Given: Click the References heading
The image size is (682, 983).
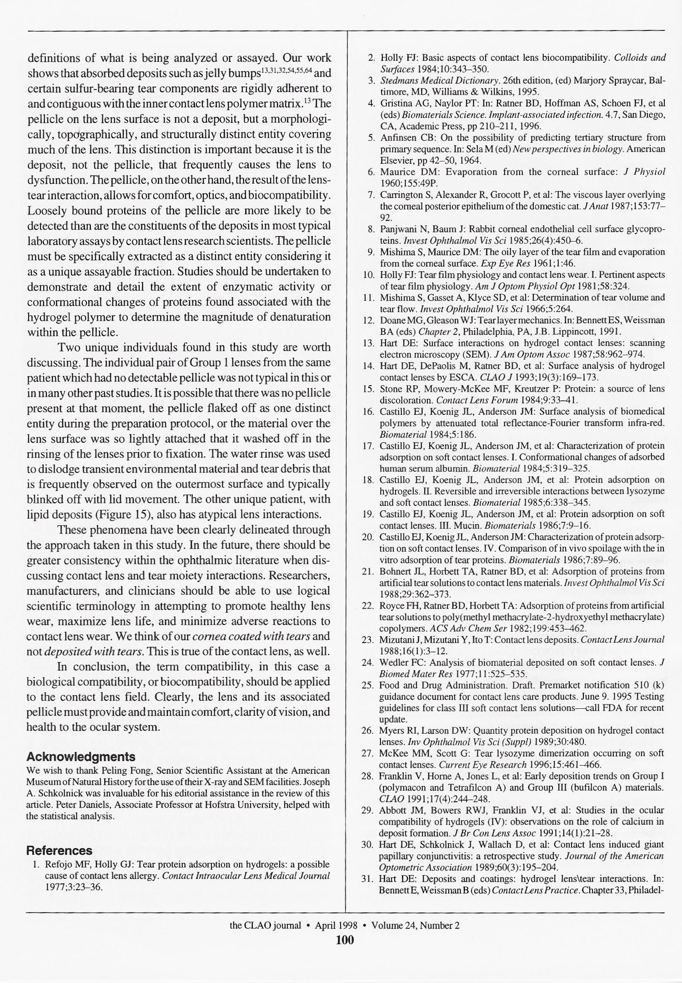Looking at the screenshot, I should click(x=59, y=851).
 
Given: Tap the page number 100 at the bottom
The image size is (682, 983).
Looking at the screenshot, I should click(x=344, y=939).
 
